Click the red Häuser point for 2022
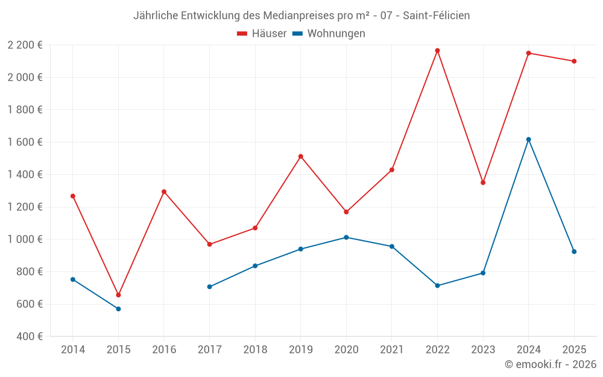pyautogui.click(x=437, y=51)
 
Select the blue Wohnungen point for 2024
pyautogui.click(x=528, y=139)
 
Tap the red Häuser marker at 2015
pyautogui.click(x=118, y=295)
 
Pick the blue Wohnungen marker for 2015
pyautogui.click(x=118, y=309)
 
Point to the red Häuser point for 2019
pyautogui.click(x=301, y=156)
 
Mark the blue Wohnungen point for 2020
pyautogui.click(x=346, y=237)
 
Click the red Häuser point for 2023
pyautogui.click(x=483, y=182)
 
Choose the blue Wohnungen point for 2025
pyautogui.click(x=574, y=252)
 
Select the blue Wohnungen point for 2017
pyautogui.click(x=209, y=287)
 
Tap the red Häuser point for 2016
pyautogui.click(x=164, y=192)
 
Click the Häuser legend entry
pyautogui.click(x=262, y=34)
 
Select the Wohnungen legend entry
pyautogui.click(x=329, y=34)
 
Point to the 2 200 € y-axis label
pyautogui.click(x=25, y=45)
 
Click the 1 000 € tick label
pyautogui.click(x=25, y=239)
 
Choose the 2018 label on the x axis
pyautogui.click(x=255, y=349)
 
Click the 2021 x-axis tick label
pyautogui.click(x=392, y=349)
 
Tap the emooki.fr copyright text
pyautogui.click(x=551, y=364)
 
